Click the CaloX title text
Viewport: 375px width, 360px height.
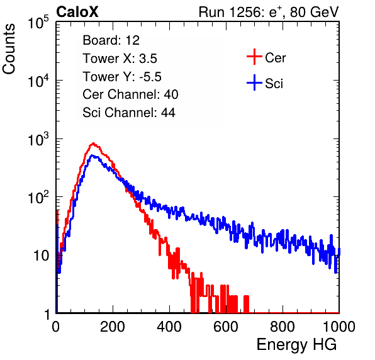77,12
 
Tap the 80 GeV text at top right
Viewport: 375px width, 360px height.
315,12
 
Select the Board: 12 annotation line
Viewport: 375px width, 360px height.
111,40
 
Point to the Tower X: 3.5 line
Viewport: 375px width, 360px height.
120,59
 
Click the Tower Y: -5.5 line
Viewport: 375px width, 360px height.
122,77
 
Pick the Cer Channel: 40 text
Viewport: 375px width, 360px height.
130,94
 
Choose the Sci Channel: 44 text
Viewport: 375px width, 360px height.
129,113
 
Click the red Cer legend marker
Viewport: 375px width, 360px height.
254,57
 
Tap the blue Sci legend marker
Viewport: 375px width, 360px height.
254,83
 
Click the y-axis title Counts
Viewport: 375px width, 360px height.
9,49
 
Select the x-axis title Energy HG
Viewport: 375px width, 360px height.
296,345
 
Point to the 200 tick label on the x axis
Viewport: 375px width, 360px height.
113,327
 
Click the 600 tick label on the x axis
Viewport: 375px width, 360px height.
226,327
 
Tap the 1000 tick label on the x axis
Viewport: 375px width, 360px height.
339,327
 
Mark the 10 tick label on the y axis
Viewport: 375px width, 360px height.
42,256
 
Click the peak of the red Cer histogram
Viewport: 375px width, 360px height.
93,143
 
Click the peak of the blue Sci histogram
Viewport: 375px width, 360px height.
93,155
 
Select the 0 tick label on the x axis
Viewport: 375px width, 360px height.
56,327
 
